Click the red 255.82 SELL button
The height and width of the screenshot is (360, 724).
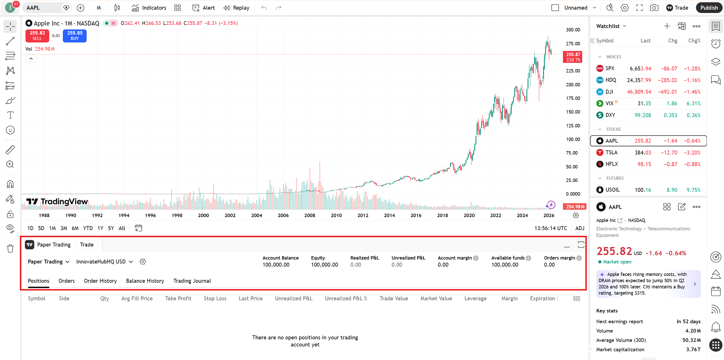37,36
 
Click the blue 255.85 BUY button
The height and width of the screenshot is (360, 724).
75,36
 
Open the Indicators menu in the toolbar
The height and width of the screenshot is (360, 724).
149,8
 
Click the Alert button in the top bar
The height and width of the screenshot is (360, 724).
204,8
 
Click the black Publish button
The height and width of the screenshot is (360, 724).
709,8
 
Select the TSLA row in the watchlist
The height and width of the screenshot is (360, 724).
648,153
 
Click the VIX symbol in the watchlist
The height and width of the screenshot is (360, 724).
609,103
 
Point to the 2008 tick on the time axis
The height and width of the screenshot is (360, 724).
310,215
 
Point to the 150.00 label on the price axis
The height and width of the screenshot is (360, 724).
573,112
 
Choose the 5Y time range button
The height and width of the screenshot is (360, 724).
111,228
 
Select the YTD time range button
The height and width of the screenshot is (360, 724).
88,228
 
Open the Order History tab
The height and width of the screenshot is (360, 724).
100,281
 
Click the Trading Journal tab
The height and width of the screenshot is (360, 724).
192,281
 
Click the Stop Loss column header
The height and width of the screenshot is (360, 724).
215,298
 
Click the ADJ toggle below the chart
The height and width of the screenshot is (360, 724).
579,228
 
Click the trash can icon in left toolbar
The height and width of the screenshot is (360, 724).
10,248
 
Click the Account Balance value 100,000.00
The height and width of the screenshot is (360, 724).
276,265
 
